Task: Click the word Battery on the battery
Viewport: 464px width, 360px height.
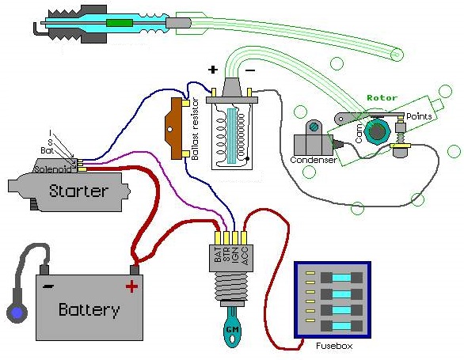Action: [89, 309]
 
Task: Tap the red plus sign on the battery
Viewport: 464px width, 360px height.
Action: [131, 286]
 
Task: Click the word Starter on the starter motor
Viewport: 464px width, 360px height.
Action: [78, 191]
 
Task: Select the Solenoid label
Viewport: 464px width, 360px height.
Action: [53, 169]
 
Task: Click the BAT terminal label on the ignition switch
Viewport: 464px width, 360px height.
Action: [218, 255]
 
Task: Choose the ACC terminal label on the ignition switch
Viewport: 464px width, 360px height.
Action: [245, 256]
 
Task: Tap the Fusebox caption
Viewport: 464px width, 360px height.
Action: [334, 346]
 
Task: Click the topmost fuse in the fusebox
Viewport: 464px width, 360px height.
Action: [341, 278]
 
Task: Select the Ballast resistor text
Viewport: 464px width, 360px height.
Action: [196, 130]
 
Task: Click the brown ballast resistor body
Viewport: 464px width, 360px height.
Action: [173, 129]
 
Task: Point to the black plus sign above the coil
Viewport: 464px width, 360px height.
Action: [213, 70]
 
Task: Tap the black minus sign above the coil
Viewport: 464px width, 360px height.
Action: [250, 70]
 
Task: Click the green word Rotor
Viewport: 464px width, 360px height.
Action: [382, 97]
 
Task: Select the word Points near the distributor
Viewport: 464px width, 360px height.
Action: [419, 116]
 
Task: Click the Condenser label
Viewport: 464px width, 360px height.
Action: [314, 160]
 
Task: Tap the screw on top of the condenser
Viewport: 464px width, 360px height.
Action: [313, 127]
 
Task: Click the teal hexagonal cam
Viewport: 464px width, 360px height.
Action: [375, 131]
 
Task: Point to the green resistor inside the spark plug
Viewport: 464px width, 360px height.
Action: [120, 23]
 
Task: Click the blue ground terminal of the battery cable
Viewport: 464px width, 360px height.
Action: [17, 313]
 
